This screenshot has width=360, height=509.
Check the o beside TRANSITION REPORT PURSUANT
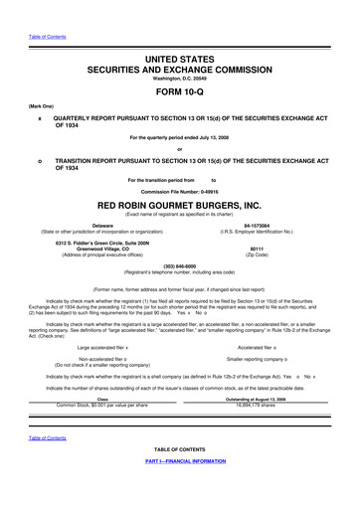tap(40, 160)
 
